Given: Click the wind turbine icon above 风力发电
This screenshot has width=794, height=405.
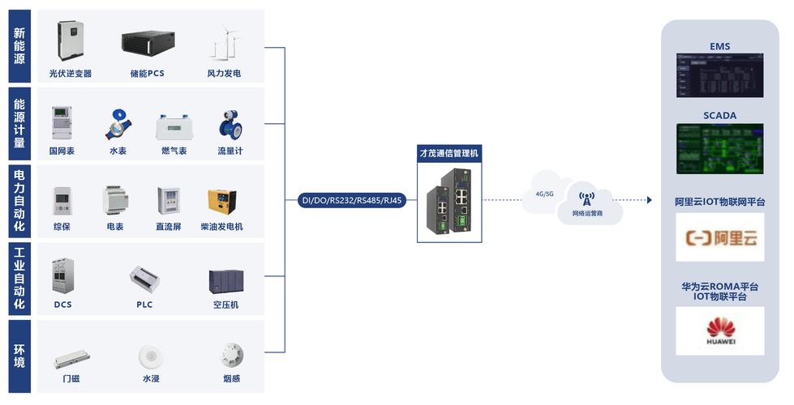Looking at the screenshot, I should [226, 42].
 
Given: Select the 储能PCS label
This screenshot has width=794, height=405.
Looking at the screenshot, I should [147, 74].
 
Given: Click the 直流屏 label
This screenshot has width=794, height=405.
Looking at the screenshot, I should [169, 227].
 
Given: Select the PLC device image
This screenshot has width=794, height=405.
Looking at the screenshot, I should [144, 279].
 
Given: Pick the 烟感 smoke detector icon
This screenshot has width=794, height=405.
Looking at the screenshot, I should [231, 355].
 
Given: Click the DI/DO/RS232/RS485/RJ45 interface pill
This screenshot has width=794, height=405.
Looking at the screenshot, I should [352, 200].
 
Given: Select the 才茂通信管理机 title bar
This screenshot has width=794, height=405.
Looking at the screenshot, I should [449, 152].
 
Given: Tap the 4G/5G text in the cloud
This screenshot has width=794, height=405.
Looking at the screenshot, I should [544, 194].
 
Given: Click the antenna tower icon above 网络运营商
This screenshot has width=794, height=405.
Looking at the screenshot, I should [586, 197].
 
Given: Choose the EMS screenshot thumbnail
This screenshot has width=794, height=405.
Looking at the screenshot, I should [719, 76].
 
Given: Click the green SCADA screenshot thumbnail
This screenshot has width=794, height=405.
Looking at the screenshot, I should [719, 148].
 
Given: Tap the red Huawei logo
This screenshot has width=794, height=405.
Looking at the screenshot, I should [719, 328].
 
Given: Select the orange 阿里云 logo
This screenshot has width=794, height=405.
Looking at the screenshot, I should [719, 238].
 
